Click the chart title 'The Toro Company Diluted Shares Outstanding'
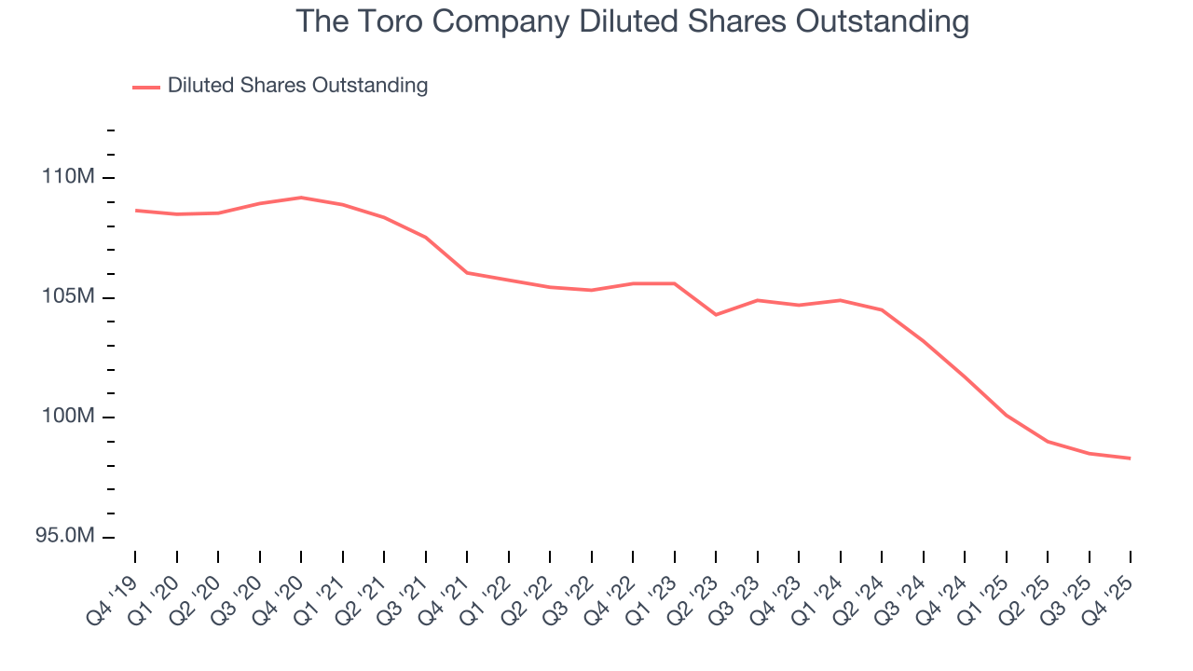click(x=633, y=21)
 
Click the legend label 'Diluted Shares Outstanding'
click(x=297, y=86)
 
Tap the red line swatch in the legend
click(x=146, y=87)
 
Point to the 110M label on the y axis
click(x=68, y=177)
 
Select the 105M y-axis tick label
click(x=68, y=297)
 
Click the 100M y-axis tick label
click(x=68, y=417)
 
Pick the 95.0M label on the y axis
click(x=62, y=537)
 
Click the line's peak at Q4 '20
click(x=301, y=198)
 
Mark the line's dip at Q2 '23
click(x=716, y=315)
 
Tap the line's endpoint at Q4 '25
click(x=1130, y=458)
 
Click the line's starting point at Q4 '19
click(x=136, y=211)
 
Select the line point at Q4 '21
click(x=467, y=273)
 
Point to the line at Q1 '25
click(x=1006, y=415)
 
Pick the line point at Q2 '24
click(x=882, y=309)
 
